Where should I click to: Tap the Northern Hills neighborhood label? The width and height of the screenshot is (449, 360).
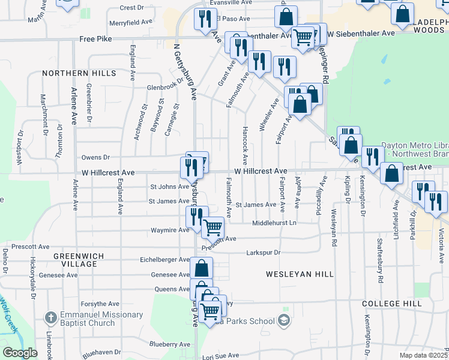click(79, 73)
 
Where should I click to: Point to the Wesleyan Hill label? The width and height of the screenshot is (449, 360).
click(300, 274)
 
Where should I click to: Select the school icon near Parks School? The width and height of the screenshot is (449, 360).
click(285, 320)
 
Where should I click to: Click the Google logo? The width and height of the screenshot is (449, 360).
click(20, 353)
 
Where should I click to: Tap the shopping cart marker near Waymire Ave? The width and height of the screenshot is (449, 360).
click(213, 228)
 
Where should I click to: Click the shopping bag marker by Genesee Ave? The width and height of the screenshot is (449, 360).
click(202, 268)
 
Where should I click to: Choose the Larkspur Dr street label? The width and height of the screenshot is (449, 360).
click(264, 253)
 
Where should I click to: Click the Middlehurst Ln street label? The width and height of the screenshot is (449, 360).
click(274, 223)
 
